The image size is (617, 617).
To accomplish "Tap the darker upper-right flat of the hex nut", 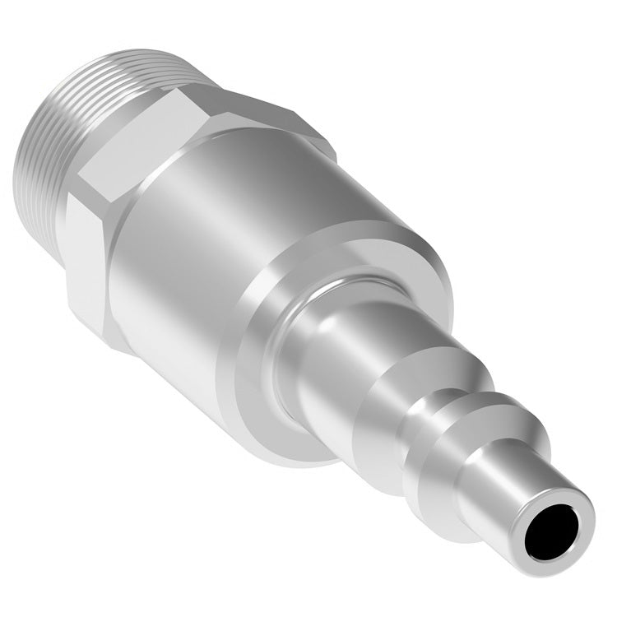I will point(271,123).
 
